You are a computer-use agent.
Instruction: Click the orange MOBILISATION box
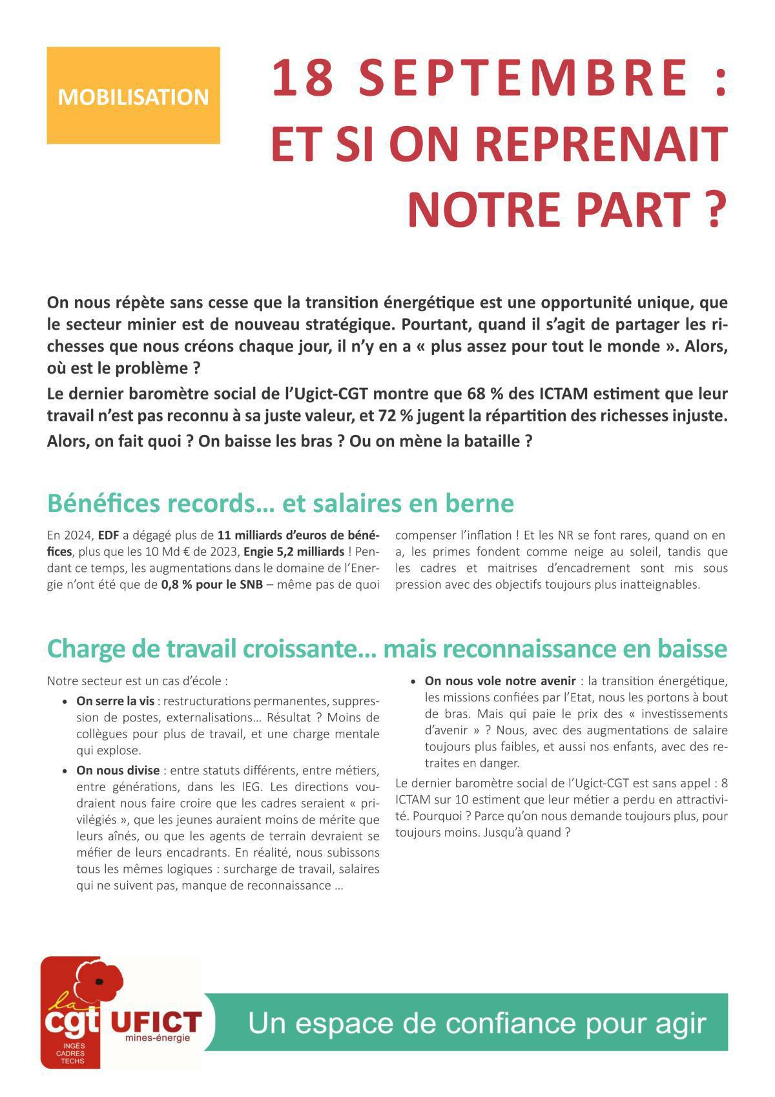(133, 96)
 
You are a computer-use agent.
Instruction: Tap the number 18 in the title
(302, 78)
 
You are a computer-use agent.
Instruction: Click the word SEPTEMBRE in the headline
(524, 78)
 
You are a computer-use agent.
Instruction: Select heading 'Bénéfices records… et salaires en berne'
(280, 503)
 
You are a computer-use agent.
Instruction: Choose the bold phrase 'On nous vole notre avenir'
(499, 681)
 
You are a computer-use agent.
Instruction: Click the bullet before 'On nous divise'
(65, 771)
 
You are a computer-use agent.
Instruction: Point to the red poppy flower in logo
(99, 981)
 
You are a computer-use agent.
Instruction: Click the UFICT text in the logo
(156, 1022)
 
